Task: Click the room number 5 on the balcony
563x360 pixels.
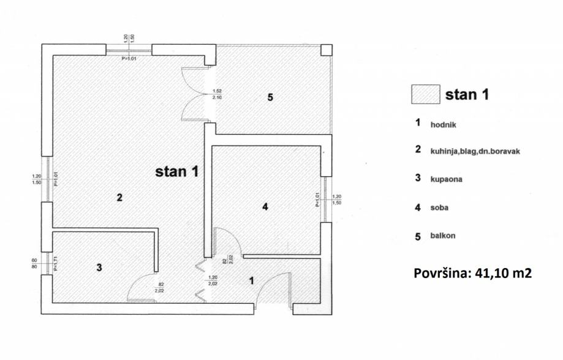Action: coord(270,97)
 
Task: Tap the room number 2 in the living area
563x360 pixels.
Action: coord(120,197)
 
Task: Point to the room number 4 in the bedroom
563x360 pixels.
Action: coord(265,207)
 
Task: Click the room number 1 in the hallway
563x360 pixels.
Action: coord(251,281)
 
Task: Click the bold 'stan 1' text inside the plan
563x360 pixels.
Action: coord(177,171)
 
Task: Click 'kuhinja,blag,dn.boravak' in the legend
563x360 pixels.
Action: coord(475,151)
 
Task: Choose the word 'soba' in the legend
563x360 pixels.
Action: coord(440,208)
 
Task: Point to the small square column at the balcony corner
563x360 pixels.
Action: coord(327,50)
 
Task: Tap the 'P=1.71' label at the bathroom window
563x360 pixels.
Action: coord(55,263)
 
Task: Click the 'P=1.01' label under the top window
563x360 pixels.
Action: coord(129,58)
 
